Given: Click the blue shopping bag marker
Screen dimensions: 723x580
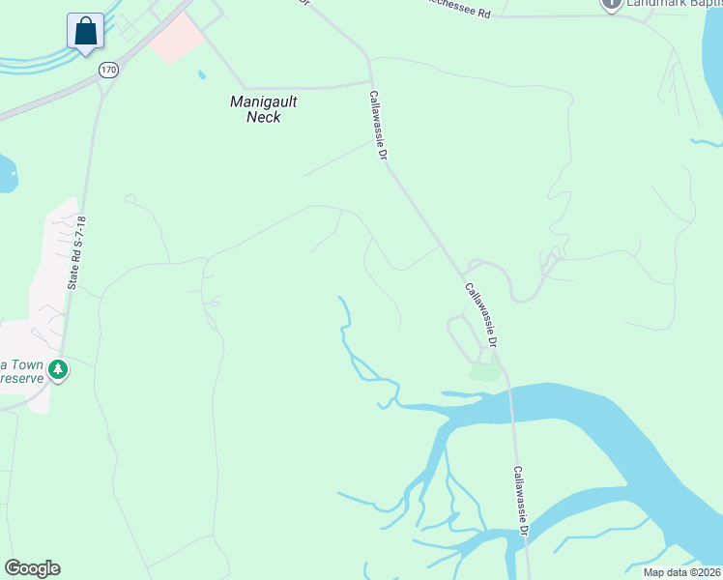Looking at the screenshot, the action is click(86, 31).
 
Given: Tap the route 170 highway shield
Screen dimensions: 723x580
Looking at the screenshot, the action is click(108, 71).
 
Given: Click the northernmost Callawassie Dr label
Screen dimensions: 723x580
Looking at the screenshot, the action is click(378, 126).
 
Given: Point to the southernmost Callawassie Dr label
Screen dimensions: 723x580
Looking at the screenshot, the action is click(521, 503).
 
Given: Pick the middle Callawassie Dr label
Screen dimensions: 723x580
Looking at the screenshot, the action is click(480, 315).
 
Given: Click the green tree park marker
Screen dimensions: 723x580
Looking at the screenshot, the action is click(58, 369).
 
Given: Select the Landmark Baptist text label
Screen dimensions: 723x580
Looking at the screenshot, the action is click(675, 4).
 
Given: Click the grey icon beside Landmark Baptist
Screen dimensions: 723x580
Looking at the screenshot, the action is click(611, 4).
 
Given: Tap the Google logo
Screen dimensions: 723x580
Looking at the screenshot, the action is click(32, 568).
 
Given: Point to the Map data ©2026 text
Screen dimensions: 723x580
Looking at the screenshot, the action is click(681, 572).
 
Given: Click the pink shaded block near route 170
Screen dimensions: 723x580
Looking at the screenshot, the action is click(176, 38).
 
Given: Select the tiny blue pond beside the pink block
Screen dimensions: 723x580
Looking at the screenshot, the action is click(201, 74).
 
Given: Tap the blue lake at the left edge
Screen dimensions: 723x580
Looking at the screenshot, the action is click(6, 174).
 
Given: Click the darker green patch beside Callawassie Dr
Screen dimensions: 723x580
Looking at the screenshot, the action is click(485, 371).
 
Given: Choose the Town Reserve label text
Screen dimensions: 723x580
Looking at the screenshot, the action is click(21, 371).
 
